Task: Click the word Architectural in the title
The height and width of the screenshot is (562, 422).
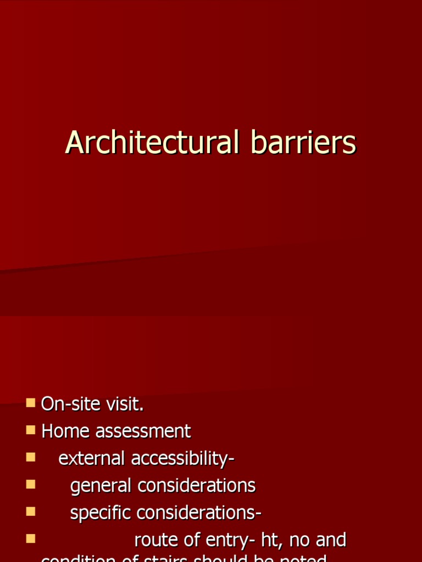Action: [x=152, y=143]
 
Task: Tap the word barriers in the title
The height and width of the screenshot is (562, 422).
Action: [x=303, y=143]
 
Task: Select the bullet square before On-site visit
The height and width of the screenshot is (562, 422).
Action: [x=30, y=403]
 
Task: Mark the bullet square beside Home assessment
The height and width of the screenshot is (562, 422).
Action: [x=30, y=430]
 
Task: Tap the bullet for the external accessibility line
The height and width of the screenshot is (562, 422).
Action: [x=30, y=457]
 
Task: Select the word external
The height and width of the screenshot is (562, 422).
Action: [x=92, y=458]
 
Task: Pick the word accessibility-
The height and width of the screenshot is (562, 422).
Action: [x=183, y=458]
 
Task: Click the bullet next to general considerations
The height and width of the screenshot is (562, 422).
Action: [x=30, y=484]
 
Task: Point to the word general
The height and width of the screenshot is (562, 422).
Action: [x=101, y=486]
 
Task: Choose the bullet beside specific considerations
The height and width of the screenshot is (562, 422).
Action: [x=30, y=511]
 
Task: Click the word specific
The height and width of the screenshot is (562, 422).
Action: [x=101, y=513]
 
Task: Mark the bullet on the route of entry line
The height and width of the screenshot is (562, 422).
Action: [x=30, y=538]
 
